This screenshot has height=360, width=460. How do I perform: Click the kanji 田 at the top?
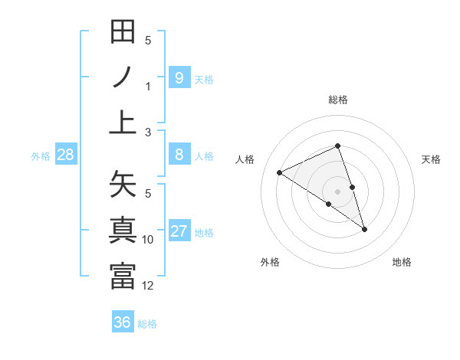tap(123, 33)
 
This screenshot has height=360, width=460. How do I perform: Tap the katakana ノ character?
tap(123, 77)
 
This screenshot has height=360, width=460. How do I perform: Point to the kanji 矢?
tap(123, 185)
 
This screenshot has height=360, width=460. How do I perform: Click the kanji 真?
tap(123, 231)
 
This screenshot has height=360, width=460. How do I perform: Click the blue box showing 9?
tap(179, 77)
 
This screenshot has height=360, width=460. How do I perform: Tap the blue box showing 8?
tap(179, 155)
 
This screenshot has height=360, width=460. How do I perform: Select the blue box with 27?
tap(179, 231)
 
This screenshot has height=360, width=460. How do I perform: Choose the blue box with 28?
tap(66, 155)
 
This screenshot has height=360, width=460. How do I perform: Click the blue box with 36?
tap(122, 322)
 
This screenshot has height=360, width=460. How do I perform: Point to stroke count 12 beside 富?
tap(148, 286)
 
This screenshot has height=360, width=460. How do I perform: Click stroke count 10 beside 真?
tap(148, 240)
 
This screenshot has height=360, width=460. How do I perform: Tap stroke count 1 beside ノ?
tap(148, 86)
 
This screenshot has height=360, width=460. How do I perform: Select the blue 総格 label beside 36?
tap(147, 324)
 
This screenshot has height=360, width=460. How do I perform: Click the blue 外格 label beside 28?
tap(41, 156)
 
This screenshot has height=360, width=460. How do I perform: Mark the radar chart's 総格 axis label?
tap(338, 100)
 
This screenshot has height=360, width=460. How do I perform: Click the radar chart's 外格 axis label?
tap(269, 262)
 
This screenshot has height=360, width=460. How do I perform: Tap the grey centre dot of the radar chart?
tap(338, 191)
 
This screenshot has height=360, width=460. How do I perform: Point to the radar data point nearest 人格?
tap(279, 172)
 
